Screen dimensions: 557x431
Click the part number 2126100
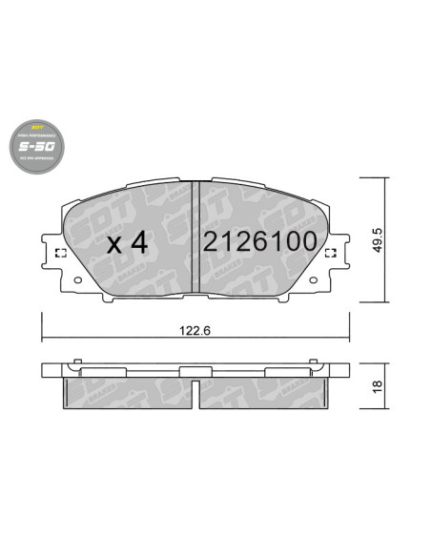click(258, 242)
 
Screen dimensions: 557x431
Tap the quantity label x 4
click(127, 243)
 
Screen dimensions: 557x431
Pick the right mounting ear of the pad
click(336, 253)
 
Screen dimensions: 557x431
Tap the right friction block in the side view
click(263, 394)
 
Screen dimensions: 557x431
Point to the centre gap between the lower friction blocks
click(195, 394)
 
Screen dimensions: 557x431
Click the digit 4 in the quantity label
click(139, 243)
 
